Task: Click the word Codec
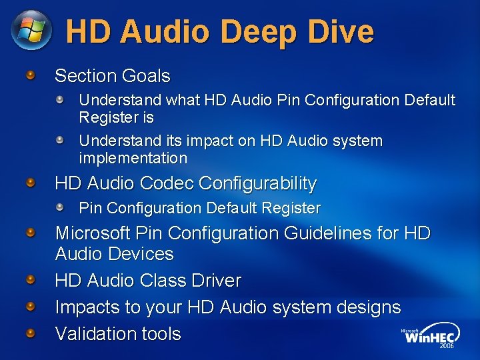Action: click(165, 183)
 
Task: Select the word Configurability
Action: click(257, 183)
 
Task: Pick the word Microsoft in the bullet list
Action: click(93, 233)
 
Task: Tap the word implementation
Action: click(133, 159)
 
